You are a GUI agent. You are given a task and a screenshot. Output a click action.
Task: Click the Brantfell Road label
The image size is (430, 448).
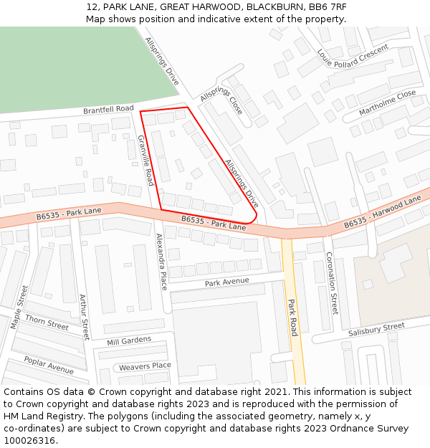[x=108, y=110]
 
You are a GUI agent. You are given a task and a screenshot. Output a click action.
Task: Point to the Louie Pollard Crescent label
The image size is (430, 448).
[x=353, y=53]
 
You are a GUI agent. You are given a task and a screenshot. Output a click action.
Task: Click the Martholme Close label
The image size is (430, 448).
[x=387, y=103]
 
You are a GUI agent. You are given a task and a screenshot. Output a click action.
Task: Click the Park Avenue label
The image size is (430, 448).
[x=226, y=283]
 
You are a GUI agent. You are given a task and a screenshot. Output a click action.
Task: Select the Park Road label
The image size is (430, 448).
[x=292, y=317]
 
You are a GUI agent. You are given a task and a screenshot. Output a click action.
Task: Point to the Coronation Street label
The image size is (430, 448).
[x=331, y=283]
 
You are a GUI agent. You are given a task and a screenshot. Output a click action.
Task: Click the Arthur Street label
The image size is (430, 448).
[x=85, y=318]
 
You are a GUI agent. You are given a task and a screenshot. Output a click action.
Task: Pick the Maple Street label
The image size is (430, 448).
[x=19, y=308]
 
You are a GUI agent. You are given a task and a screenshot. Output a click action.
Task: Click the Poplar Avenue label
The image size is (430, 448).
[x=49, y=365]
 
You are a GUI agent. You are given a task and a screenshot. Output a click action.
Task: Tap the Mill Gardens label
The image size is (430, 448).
[x=129, y=340]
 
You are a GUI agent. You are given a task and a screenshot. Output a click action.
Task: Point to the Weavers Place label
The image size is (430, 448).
[x=145, y=366]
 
